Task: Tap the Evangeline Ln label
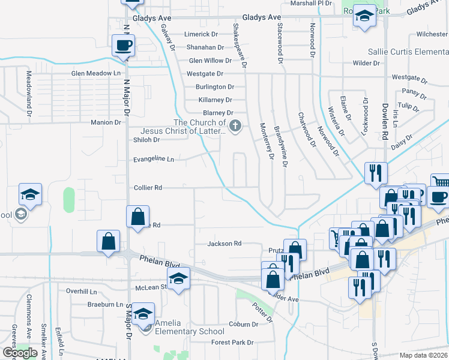click(154, 160)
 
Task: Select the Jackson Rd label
click(224, 244)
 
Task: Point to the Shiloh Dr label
click(147, 140)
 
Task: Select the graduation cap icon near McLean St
click(178, 278)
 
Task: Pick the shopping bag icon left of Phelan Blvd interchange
click(108, 241)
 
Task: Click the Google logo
click(20, 352)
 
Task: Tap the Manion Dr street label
click(106, 122)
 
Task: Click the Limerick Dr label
click(200, 34)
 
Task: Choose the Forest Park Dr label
click(234, 343)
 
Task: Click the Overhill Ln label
click(82, 291)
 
